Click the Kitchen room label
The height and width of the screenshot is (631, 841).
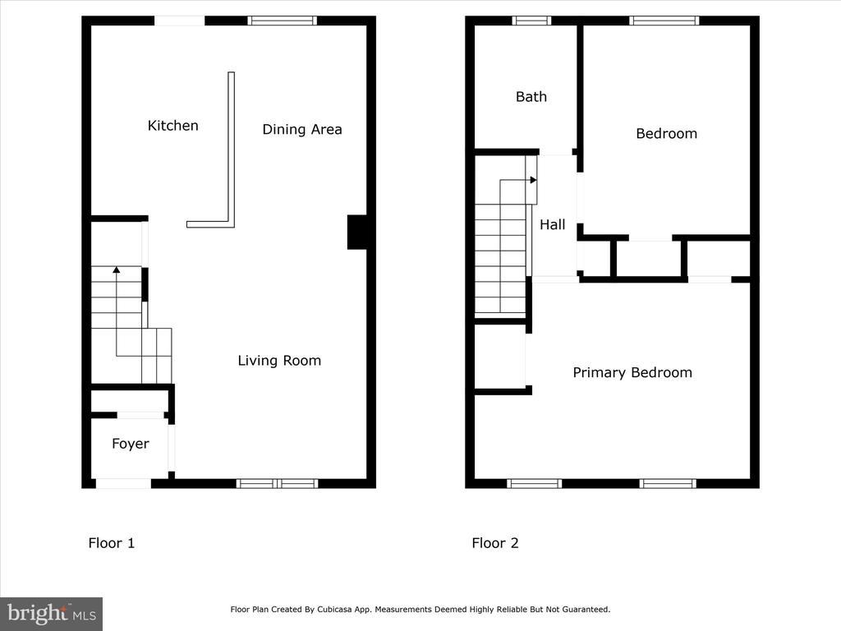[x=172, y=126]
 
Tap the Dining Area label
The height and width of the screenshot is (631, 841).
[x=302, y=129]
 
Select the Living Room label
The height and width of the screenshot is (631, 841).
[x=279, y=361]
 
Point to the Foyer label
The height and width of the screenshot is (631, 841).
[x=131, y=444]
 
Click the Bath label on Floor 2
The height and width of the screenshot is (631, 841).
[x=531, y=97]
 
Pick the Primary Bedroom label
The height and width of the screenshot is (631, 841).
[x=632, y=372]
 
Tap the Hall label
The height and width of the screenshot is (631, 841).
[x=553, y=224]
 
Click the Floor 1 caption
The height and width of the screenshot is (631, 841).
[x=112, y=543]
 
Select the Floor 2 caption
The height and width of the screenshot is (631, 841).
[x=495, y=543]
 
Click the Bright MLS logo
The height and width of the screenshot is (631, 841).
[x=52, y=614]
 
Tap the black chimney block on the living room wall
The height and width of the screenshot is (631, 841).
[x=357, y=233]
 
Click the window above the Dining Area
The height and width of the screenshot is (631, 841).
[x=283, y=21]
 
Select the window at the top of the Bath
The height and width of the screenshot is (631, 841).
[x=531, y=21]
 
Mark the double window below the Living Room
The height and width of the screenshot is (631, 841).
[x=278, y=483]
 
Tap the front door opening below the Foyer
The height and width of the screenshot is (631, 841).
[x=123, y=483]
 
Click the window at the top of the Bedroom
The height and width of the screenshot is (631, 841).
[x=664, y=21]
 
